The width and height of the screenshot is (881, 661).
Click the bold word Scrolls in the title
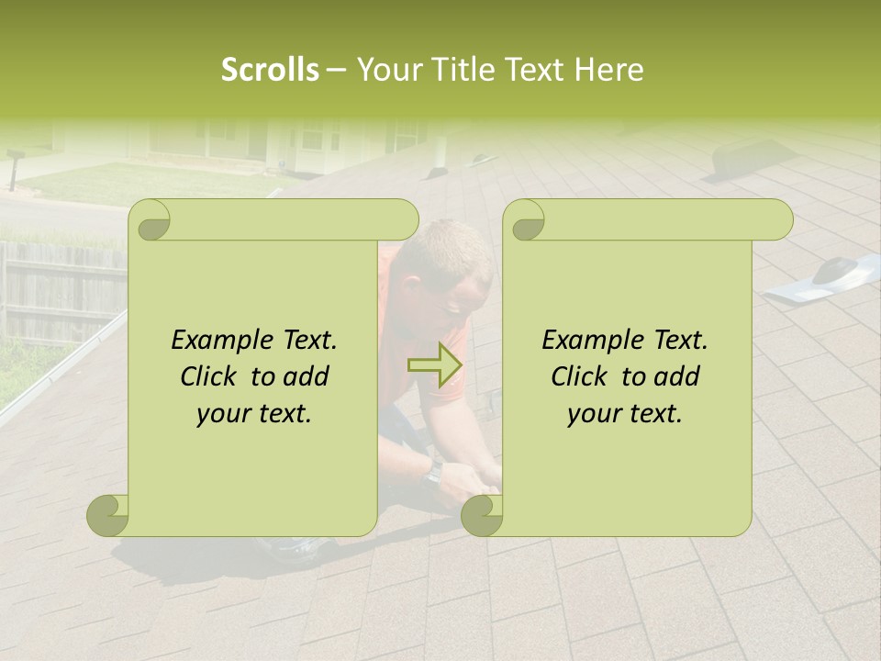click(x=270, y=70)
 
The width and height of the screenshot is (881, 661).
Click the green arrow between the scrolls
click(x=435, y=364)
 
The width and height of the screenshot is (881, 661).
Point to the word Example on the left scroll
click(x=215, y=340)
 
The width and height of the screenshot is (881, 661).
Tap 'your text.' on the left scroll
click(x=254, y=414)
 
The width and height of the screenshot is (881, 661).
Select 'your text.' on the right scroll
click(x=625, y=414)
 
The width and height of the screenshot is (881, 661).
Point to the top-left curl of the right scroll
click(x=527, y=220)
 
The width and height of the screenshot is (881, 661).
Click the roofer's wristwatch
click(x=433, y=472)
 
